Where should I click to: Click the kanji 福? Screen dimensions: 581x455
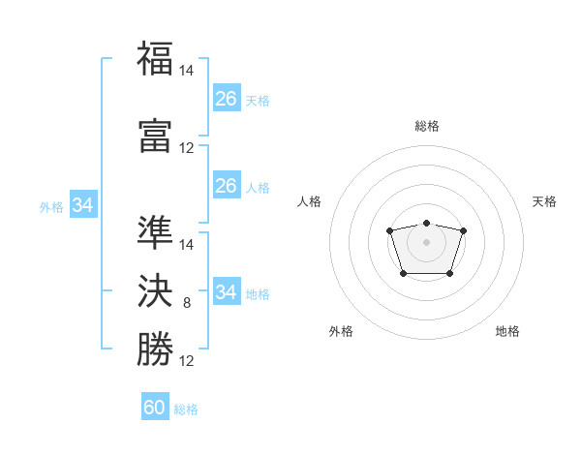pyautogui.click(x=155, y=58)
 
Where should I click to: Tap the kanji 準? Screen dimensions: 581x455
pyautogui.click(x=155, y=232)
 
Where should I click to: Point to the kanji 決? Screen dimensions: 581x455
pyautogui.click(x=155, y=290)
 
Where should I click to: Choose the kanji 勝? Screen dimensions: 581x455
pyautogui.click(x=155, y=349)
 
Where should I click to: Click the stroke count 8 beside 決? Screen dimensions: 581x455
pyautogui.click(x=187, y=303)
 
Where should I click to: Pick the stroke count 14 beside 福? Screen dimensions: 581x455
pyautogui.click(x=186, y=71)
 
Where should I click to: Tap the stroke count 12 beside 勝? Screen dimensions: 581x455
pyautogui.click(x=186, y=361)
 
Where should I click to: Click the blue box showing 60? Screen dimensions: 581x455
pyautogui.click(x=155, y=406)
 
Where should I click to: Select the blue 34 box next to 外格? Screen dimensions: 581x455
pyautogui.click(x=83, y=204)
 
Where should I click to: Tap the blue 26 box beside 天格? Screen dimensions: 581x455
pyautogui.click(x=227, y=98)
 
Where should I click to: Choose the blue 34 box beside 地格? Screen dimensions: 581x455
pyautogui.click(x=227, y=290)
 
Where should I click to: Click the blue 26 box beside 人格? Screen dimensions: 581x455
pyautogui.click(x=227, y=185)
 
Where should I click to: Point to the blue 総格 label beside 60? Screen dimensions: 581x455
pyautogui.click(x=186, y=409)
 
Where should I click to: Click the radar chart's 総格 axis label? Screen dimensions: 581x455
pyautogui.click(x=427, y=126)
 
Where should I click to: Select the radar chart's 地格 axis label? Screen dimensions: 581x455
pyautogui.click(x=507, y=331)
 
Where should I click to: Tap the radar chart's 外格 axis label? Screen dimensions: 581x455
pyautogui.click(x=341, y=331)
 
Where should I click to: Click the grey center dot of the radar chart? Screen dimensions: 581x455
pyautogui.click(x=426, y=242)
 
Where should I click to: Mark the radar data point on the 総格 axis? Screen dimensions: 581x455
pyautogui.click(x=426, y=223)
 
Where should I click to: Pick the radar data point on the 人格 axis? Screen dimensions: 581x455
pyautogui.click(x=389, y=230)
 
